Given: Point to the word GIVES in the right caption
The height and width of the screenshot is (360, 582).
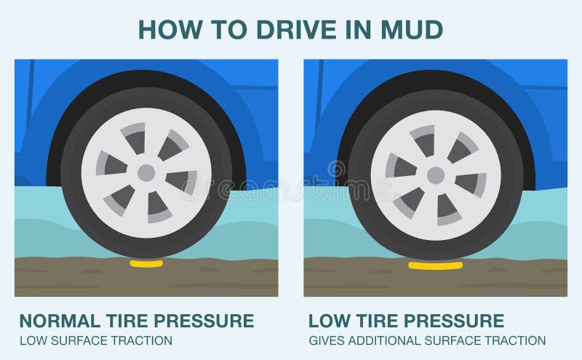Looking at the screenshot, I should tap(325, 340).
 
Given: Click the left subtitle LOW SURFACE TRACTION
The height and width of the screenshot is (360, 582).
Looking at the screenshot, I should tap(95, 340).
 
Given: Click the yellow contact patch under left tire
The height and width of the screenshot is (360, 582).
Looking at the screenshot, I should tap(145, 264).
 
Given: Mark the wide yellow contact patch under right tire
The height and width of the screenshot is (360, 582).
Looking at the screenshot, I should tap(435, 265).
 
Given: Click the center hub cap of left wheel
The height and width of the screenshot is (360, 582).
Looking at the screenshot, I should tap(145, 173).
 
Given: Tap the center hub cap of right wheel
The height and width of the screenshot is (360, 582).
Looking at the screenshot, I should tap(435, 175).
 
